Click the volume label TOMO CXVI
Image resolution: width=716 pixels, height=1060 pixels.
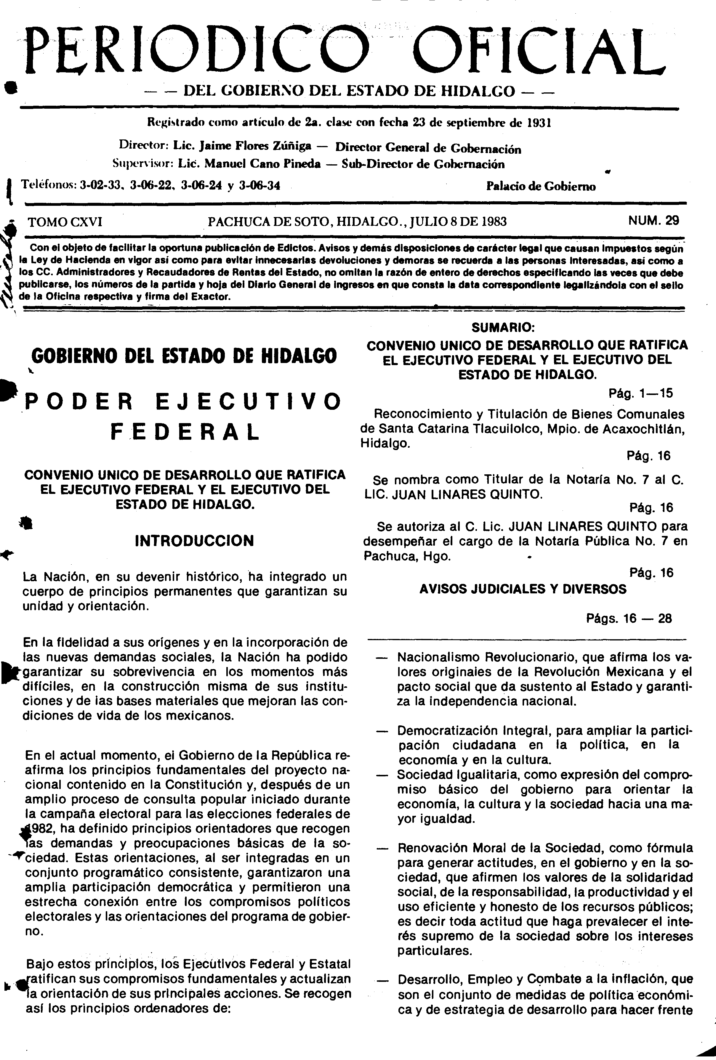65,222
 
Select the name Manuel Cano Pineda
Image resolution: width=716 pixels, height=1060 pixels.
262,164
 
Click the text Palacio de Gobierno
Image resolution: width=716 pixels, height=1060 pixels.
541,186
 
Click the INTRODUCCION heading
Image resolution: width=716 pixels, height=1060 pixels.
194,541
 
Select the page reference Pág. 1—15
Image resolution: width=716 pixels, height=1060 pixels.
641,393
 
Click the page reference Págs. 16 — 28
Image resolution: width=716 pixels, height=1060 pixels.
629,619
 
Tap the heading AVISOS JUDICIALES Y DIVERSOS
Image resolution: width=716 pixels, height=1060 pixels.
523,589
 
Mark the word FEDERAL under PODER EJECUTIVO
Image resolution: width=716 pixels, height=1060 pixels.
185,431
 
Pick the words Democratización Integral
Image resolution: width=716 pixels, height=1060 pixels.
472,731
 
